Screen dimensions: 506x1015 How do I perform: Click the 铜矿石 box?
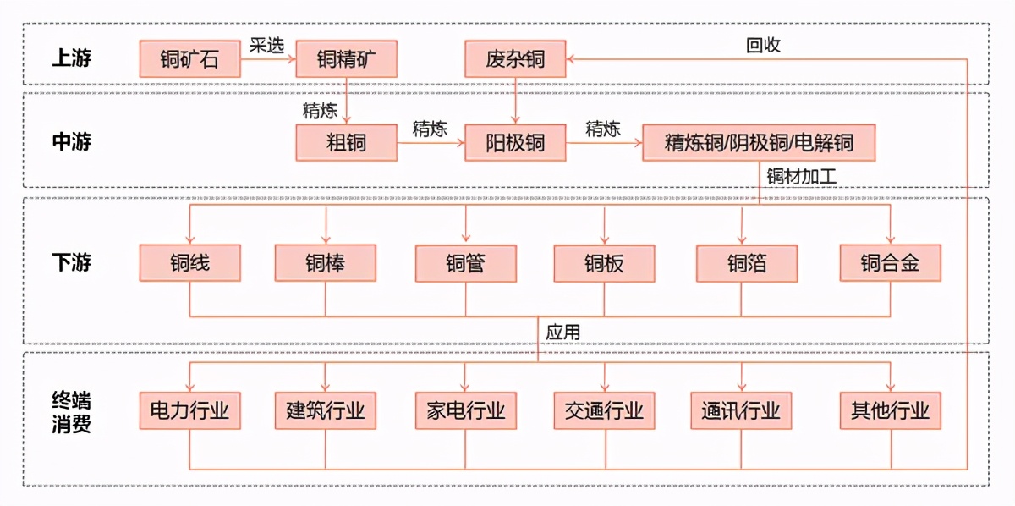tap(189, 59)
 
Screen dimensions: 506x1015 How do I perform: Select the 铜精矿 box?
tap(346, 59)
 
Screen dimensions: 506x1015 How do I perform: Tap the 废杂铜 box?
tap(515, 59)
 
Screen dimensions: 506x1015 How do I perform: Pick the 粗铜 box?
tap(346, 142)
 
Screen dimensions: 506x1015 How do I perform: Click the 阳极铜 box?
tap(515, 142)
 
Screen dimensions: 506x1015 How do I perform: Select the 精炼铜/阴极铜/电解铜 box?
tap(759, 142)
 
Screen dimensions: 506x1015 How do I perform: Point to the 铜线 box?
tap(189, 263)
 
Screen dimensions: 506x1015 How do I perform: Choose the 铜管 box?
tap(465, 263)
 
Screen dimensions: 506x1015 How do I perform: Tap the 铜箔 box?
tap(747, 263)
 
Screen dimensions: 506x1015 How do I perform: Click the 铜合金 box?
tap(890, 263)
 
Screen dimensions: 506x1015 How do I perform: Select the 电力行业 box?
tap(189, 411)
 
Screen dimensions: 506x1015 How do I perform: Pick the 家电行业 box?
tap(465, 411)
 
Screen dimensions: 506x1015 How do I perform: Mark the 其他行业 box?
tap(890, 411)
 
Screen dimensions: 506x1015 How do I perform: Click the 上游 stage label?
tap(71, 58)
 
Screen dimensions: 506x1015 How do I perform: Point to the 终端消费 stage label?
tap(71, 411)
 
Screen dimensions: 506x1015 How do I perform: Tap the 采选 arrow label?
tap(266, 45)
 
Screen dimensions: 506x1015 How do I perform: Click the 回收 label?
tap(763, 45)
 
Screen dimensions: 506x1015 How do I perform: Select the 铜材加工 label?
tap(800, 177)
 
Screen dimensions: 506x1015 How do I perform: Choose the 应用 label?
tap(562, 332)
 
